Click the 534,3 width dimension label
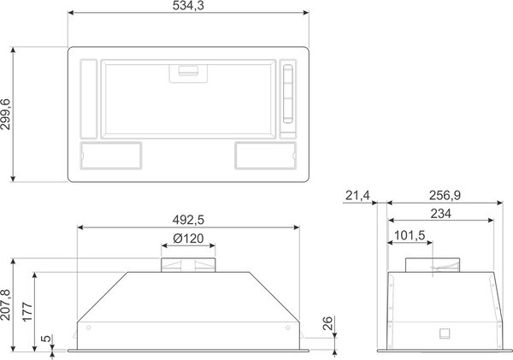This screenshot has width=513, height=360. [x=188, y=6]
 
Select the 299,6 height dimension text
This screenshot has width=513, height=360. [x=6, y=115]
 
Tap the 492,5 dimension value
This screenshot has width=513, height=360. [x=188, y=220]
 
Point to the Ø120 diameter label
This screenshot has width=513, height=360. [x=188, y=239]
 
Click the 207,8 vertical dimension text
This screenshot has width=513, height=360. [x=6, y=304]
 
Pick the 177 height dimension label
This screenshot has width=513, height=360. [x=27, y=312]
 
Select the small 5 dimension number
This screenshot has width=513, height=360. [x=47, y=338]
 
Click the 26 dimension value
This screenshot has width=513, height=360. [x=327, y=323]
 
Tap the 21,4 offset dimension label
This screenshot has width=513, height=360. [x=357, y=196]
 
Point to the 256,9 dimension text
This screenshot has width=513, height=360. [x=445, y=195]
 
